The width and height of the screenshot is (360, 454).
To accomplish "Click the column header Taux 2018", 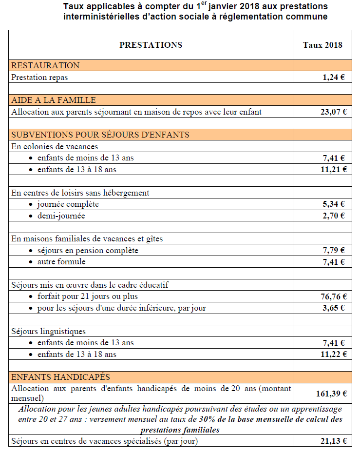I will (x=322, y=45).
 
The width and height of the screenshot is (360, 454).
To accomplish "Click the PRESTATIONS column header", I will (x=151, y=45).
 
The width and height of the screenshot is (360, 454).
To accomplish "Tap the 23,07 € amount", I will (x=331, y=112).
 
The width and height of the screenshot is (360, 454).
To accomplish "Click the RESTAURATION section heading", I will (x=45, y=65).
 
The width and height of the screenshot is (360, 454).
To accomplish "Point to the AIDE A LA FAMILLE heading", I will (x=54, y=100).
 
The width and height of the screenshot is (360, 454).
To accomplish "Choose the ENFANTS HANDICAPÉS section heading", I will (x=60, y=377).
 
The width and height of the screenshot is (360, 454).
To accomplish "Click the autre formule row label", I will (x=61, y=262).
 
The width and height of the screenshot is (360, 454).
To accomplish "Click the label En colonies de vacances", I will (x=55, y=146).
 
